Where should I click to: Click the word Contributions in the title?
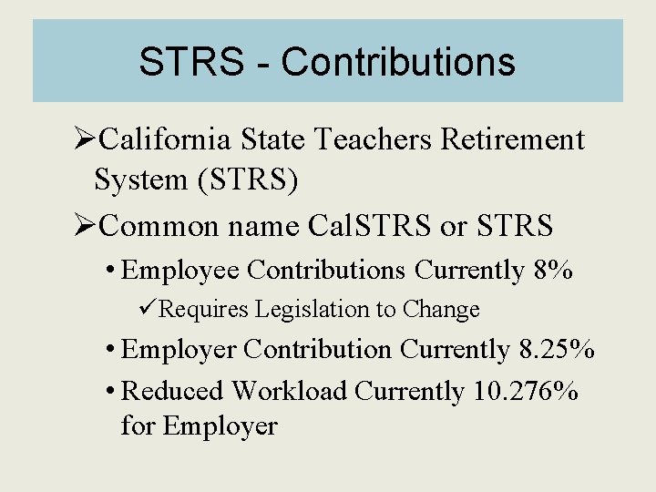(398, 63)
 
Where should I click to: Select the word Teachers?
(374, 140)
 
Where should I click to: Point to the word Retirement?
(512, 140)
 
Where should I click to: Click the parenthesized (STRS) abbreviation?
(242, 180)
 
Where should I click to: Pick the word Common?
(165, 224)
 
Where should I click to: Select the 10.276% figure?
(526, 391)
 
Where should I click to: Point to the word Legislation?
(300, 310)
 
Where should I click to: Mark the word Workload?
(289, 391)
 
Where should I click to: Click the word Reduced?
(172, 391)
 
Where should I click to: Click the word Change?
(441, 310)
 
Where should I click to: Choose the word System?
(138, 180)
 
